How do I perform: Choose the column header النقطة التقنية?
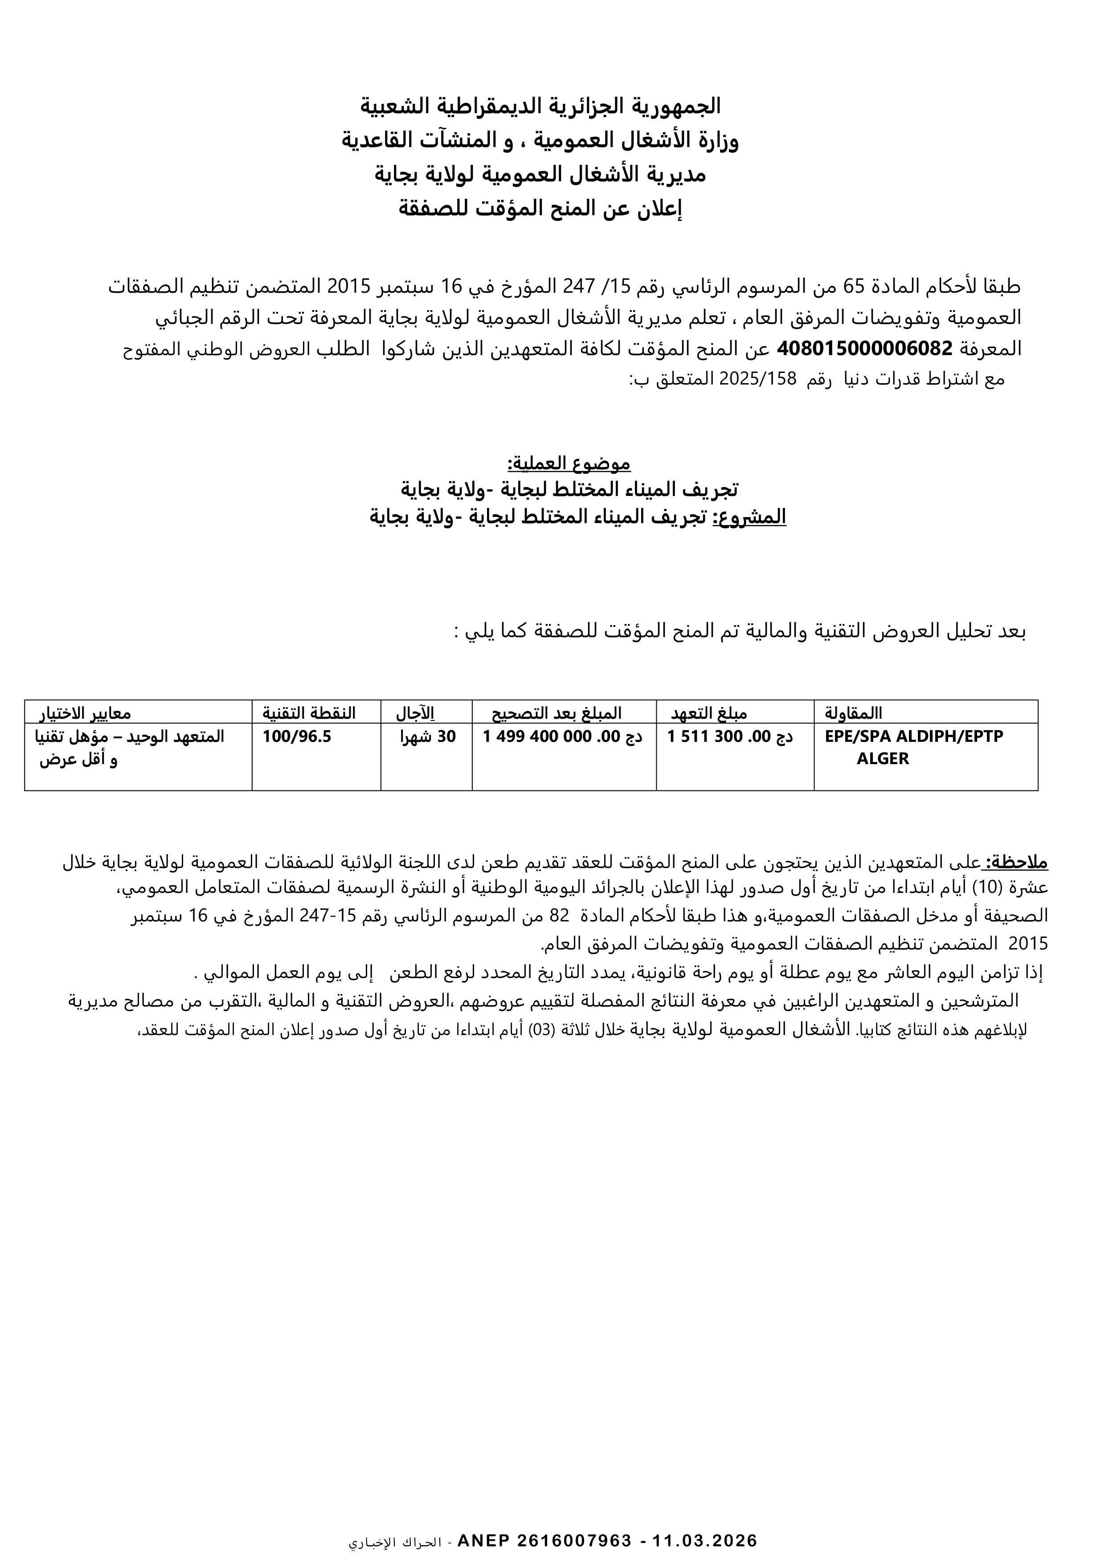(x=309, y=713)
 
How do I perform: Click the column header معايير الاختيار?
(x=85, y=713)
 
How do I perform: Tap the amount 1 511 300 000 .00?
(x=730, y=736)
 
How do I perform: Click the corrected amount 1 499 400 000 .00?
(x=562, y=736)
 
